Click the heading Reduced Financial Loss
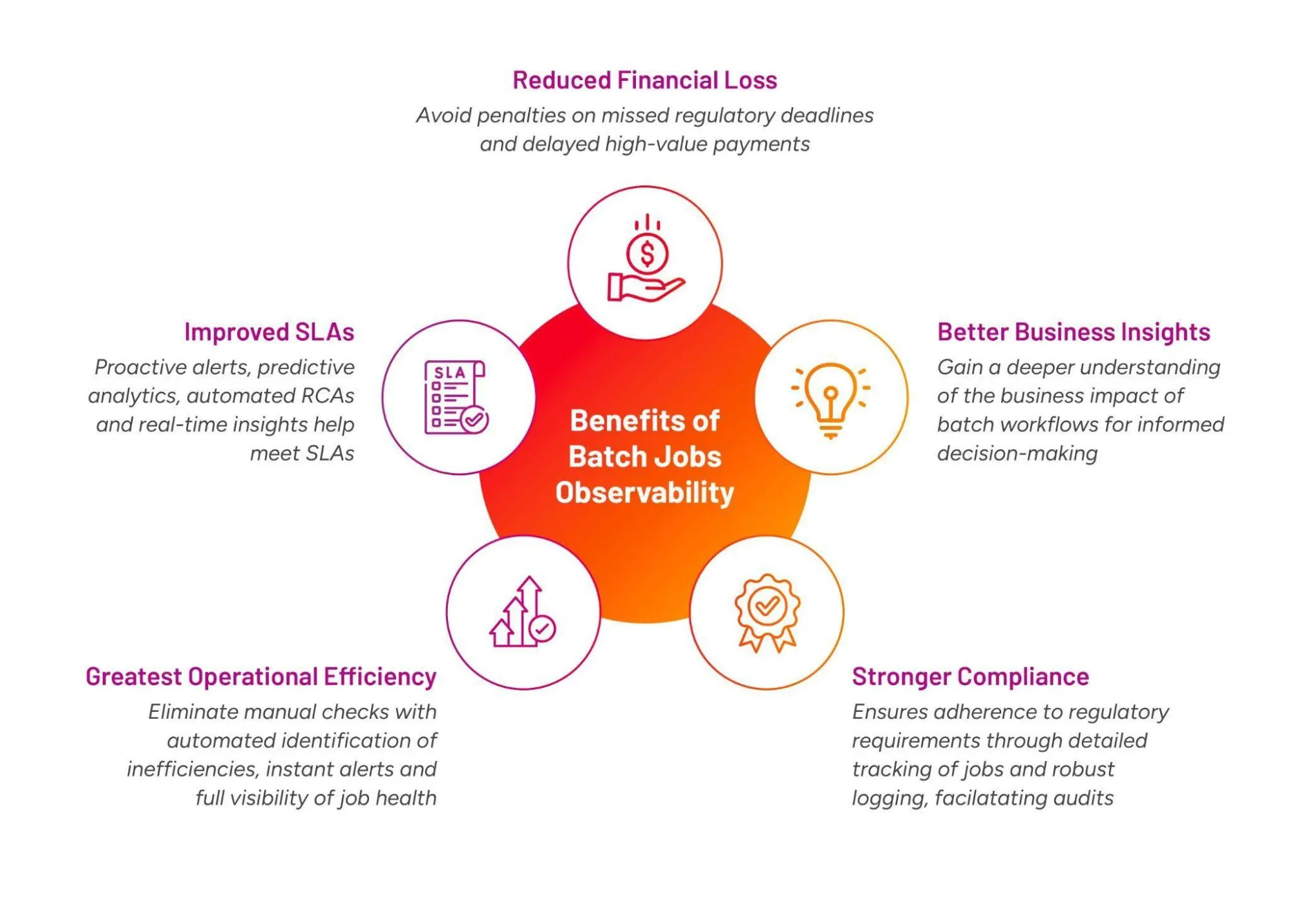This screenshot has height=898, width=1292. coord(644,80)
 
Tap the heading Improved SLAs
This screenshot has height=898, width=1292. coord(269,332)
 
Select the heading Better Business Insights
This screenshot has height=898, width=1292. coord(1073,332)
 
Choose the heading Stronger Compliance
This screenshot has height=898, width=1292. coord(970,676)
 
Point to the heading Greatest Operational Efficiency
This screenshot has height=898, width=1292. coord(261,676)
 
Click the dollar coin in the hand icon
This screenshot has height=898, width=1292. coord(647,254)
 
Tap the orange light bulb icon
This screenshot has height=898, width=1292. coord(831,398)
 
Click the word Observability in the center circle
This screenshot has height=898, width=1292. coord(644,493)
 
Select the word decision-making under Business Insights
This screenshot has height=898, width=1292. coord(1017,453)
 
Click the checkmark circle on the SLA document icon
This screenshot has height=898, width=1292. coord(474,420)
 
